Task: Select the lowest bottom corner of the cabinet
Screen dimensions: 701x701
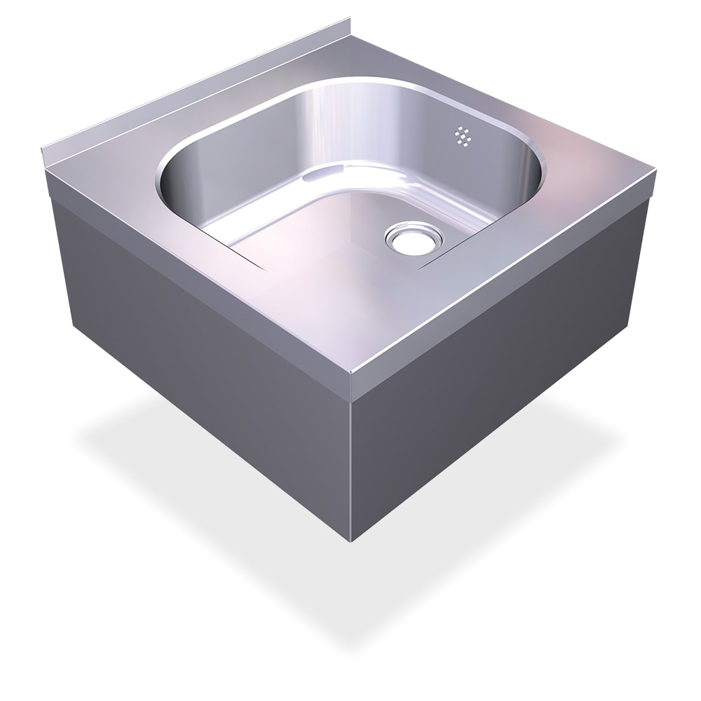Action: click(x=351, y=540)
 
